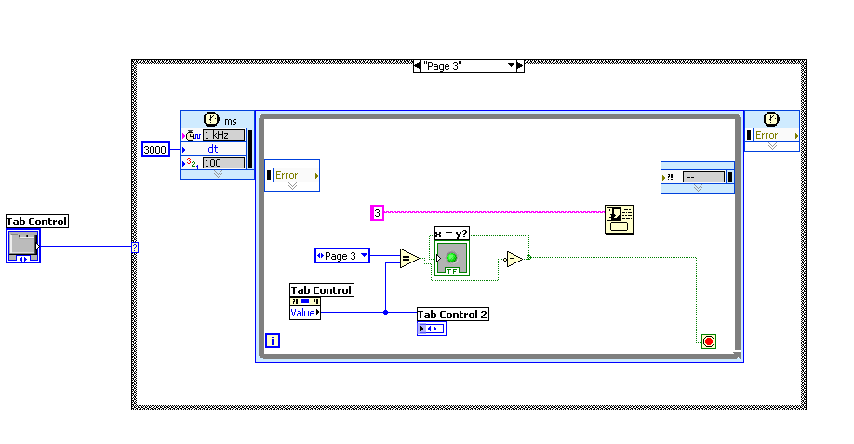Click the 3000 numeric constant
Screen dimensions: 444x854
[155, 149]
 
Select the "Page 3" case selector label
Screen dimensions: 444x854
[462, 66]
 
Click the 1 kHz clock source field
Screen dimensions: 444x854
[223, 135]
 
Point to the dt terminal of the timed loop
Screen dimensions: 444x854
[215, 149]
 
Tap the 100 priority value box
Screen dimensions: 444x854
[223, 163]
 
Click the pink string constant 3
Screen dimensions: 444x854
[377, 213]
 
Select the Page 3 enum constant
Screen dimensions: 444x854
[341, 256]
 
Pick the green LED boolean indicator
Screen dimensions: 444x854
[453, 257]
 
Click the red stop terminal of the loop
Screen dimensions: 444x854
[709, 342]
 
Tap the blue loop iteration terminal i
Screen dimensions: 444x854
[273, 341]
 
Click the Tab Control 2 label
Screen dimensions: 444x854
[453, 315]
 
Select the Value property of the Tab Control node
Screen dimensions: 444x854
[304, 313]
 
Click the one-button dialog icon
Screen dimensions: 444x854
[617, 219]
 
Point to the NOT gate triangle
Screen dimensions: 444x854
[514, 259]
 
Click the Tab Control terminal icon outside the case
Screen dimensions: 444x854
[23, 246]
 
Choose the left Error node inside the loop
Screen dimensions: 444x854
[292, 175]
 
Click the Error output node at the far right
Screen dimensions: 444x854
[771, 136]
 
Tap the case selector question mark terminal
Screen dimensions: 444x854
[135, 247]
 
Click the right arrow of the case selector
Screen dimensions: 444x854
[520, 66]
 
